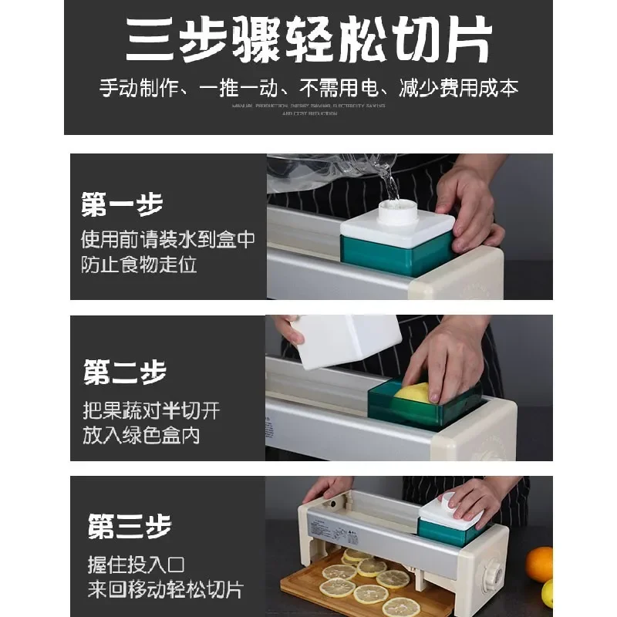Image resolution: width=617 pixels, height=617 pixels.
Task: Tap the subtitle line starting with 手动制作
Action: pos(308,87)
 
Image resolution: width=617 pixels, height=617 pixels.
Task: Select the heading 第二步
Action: pos(124,373)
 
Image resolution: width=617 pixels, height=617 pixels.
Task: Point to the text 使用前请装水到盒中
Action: pos(168,239)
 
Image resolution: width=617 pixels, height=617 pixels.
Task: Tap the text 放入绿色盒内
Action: pos(141,434)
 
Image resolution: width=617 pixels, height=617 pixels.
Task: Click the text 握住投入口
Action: pos(136,565)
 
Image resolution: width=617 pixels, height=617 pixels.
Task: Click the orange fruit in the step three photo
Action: pos(540,564)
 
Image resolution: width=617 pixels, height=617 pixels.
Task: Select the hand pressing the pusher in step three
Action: pos(478,497)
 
